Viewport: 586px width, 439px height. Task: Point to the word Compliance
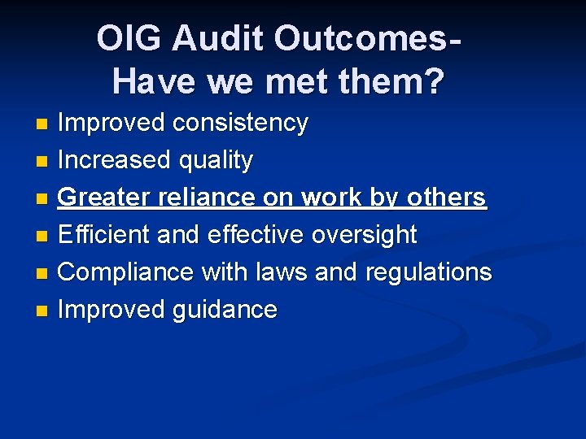coord(125,272)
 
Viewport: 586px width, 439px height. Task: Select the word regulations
coord(428,272)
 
